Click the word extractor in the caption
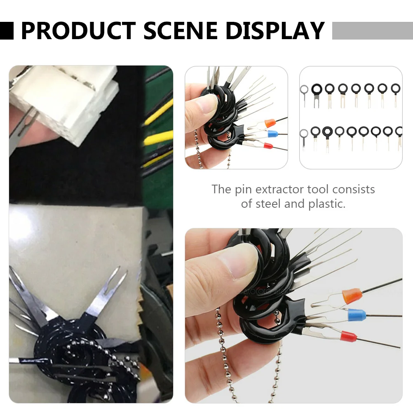click(279, 190)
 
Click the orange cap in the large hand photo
click(352, 296)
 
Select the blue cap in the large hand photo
click(357, 315)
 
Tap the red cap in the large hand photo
click(348, 337)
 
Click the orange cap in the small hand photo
click(270, 122)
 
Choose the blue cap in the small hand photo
click(272, 134)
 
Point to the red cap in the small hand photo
click(268, 145)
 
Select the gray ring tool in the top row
click(304, 89)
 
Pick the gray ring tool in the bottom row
click(304, 134)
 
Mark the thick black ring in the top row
click(317, 89)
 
